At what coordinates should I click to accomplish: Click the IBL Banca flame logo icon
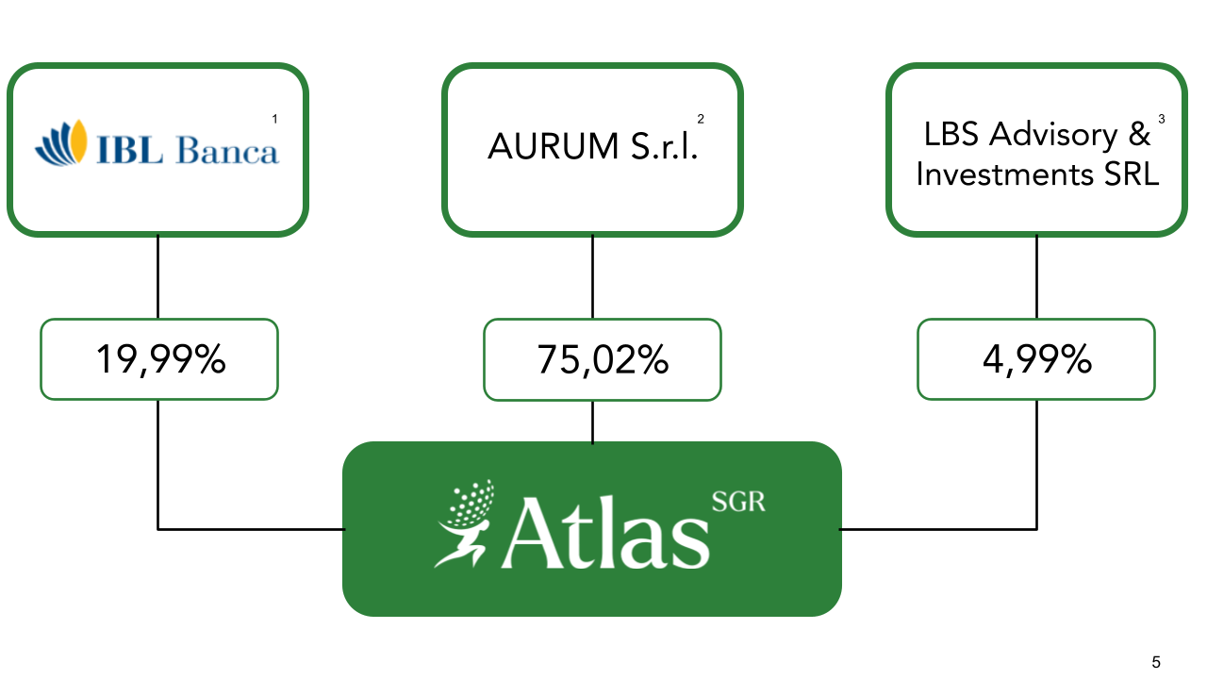click(61, 143)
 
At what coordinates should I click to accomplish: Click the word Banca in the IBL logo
click(228, 151)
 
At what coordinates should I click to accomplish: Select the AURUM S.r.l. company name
click(592, 147)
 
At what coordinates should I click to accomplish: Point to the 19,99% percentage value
click(159, 359)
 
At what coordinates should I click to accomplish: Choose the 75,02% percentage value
click(603, 359)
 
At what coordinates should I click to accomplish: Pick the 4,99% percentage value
click(1036, 359)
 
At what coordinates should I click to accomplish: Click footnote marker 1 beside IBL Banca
click(274, 119)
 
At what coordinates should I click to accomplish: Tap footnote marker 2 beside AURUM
click(701, 119)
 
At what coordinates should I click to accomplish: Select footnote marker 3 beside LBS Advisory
click(1161, 119)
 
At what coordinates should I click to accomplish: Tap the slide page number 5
click(1156, 662)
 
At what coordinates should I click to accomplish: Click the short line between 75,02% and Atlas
click(592, 421)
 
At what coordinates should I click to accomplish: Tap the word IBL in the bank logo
click(129, 151)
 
